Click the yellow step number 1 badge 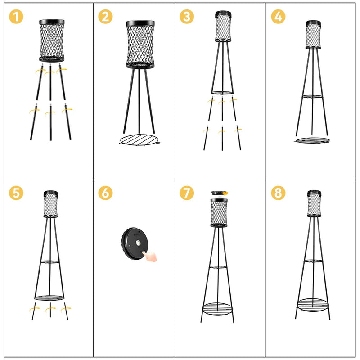[x=16, y=17]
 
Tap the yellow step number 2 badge [x=105, y=17]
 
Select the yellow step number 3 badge [x=187, y=17]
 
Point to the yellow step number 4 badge [x=278, y=17]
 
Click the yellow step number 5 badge [x=16, y=193]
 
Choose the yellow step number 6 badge [x=105, y=193]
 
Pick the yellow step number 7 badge [x=187, y=193]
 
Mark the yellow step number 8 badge [x=278, y=193]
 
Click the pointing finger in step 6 [x=150, y=256]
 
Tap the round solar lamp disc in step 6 [x=135, y=243]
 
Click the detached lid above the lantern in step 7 [x=219, y=193]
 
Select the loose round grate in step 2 [x=139, y=140]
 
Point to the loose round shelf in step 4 [x=312, y=140]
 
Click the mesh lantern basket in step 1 [x=52, y=40]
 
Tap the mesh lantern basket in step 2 [x=140, y=45]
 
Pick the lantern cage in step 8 [x=314, y=203]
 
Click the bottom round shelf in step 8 [x=312, y=305]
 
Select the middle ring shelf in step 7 [x=218, y=267]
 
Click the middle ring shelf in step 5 [x=49, y=262]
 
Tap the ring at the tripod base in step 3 [x=222, y=93]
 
